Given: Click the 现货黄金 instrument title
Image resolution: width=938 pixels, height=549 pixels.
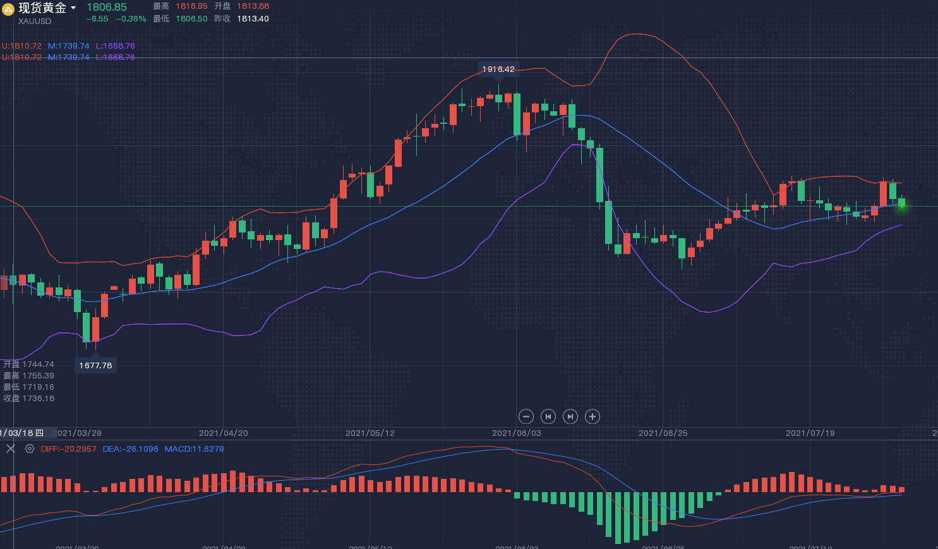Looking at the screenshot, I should pyautogui.click(x=42, y=8).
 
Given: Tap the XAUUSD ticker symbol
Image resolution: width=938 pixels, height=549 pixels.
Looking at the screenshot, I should pyautogui.click(x=35, y=21).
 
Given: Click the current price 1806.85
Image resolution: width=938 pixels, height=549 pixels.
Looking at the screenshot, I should pyautogui.click(x=107, y=7).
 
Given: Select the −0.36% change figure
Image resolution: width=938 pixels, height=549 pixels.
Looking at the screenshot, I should pyautogui.click(x=131, y=19).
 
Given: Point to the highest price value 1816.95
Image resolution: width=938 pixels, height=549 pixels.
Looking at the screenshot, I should pyautogui.click(x=191, y=6).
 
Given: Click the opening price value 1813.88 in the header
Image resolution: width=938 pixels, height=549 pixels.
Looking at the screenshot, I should pyautogui.click(x=253, y=6).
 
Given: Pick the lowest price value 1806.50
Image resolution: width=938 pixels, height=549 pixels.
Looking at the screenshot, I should pyautogui.click(x=191, y=19).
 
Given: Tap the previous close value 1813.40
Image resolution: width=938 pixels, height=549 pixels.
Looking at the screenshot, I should pyautogui.click(x=253, y=19).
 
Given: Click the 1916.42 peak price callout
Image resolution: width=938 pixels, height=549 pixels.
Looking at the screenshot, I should pyautogui.click(x=498, y=69).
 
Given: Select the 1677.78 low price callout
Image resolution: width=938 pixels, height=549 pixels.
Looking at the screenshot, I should pyautogui.click(x=95, y=365).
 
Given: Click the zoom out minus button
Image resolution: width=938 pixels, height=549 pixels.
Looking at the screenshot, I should pyautogui.click(x=526, y=416).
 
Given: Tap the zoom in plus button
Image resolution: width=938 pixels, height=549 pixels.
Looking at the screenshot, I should pyautogui.click(x=592, y=416).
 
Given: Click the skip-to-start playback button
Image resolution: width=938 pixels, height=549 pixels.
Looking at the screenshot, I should pyautogui.click(x=548, y=416).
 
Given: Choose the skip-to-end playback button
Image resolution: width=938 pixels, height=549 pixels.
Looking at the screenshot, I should pyautogui.click(x=570, y=416).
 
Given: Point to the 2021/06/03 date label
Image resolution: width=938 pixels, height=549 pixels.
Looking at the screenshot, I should pyautogui.click(x=517, y=433).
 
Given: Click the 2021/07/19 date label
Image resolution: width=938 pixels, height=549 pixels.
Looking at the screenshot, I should pyautogui.click(x=810, y=433).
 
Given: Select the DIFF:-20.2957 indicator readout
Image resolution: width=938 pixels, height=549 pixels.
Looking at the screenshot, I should pyautogui.click(x=69, y=449).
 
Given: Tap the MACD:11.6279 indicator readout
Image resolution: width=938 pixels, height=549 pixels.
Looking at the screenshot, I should pyautogui.click(x=194, y=449).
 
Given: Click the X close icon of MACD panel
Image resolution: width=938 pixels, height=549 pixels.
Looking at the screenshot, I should pyautogui.click(x=11, y=449).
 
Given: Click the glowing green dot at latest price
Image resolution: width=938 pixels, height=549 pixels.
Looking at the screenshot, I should pyautogui.click(x=902, y=205).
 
